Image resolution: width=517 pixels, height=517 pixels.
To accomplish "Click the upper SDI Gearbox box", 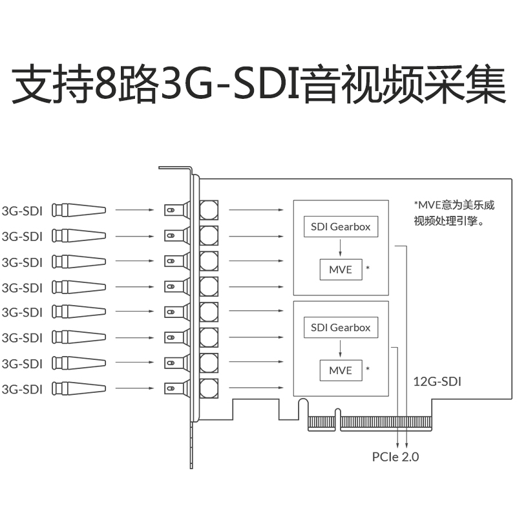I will [x=341, y=227].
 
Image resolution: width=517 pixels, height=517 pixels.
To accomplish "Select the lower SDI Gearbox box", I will [x=341, y=328].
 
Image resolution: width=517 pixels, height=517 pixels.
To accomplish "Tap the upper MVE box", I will [x=341, y=269].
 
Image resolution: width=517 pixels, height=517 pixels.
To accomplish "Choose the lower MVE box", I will [x=341, y=370].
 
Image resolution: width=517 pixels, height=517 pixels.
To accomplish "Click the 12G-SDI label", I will [x=438, y=381].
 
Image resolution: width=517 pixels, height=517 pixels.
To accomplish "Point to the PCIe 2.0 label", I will [x=396, y=457].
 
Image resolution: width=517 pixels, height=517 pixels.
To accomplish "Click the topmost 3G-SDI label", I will [x=22, y=210].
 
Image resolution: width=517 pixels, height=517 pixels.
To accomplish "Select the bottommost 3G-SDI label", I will [x=22, y=388].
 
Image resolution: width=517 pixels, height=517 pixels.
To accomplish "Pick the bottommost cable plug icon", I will [x=78, y=388].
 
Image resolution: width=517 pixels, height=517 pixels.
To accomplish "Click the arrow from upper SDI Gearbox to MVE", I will [x=341, y=248].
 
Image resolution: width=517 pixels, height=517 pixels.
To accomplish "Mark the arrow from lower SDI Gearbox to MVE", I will [x=341, y=348].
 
